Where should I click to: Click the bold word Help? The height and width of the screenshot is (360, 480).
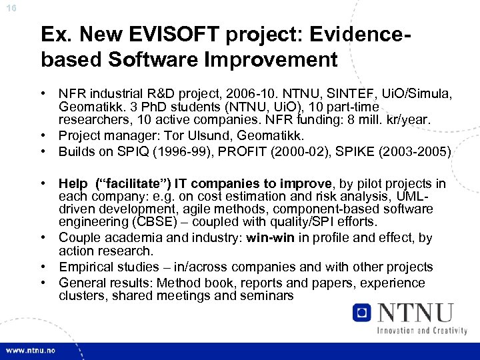tap(73, 183)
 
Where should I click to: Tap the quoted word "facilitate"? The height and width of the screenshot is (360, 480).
tap(124, 183)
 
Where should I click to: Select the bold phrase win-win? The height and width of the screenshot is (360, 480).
tap(270, 238)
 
